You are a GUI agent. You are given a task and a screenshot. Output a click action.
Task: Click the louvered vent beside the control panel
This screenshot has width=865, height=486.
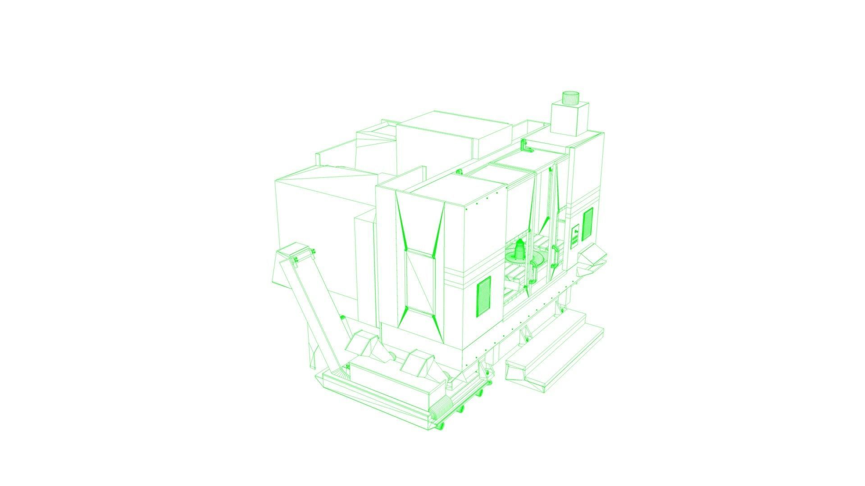(587, 224)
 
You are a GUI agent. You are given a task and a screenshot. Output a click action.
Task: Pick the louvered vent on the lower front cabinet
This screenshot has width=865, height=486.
(483, 296)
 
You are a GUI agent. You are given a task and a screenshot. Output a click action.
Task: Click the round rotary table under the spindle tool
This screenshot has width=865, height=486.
(523, 259)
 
